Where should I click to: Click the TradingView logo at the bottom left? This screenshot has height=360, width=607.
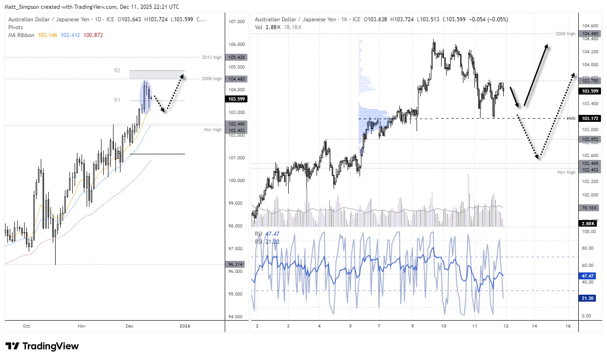tap(42, 346)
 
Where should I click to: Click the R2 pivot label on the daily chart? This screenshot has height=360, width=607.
tap(117, 70)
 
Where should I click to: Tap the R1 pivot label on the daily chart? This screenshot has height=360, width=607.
tap(117, 100)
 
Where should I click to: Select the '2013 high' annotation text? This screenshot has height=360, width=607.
tap(212, 57)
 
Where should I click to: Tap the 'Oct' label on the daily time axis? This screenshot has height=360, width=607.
tap(26, 326)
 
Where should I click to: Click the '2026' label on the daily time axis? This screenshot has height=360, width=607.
tap(184, 326)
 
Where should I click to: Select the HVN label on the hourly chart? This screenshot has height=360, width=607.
tap(571, 119)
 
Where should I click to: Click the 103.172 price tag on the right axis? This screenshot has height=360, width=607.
tap(589, 119)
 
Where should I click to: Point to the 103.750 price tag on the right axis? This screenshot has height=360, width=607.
tap(589, 81)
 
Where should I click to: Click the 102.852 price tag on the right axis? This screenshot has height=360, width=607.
tap(589, 139)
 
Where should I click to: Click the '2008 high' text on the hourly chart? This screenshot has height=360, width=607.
tap(565, 34)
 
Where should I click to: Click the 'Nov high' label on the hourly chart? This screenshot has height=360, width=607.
tap(566, 172)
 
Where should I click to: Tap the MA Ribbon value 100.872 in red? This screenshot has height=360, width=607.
tap(93, 35)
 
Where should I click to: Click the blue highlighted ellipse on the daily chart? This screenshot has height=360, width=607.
tap(146, 96)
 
